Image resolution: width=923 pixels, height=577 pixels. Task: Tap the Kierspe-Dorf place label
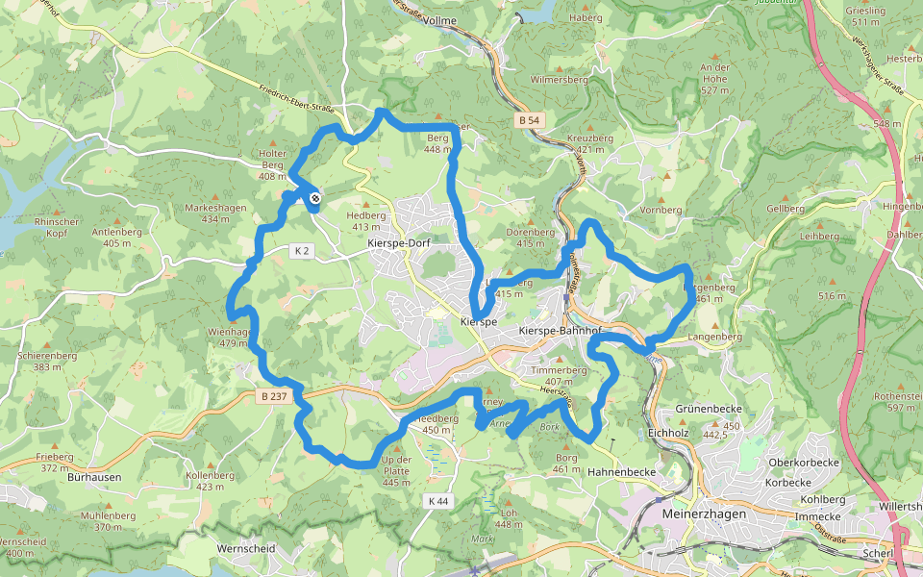click(399, 243)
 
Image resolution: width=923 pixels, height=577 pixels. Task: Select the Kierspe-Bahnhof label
click(560, 331)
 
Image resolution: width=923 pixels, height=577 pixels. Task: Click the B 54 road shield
click(529, 120)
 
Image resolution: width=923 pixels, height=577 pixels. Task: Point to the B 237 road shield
click(274, 395)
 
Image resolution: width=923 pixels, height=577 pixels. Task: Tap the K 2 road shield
click(302, 251)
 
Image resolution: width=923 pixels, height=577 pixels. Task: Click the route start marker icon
click(315, 199)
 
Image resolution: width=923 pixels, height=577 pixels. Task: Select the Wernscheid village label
click(247, 548)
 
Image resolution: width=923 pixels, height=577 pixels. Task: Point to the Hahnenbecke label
click(621, 471)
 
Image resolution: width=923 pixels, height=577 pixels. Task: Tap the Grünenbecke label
click(711, 409)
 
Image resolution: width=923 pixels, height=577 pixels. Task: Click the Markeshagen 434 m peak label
click(215, 213)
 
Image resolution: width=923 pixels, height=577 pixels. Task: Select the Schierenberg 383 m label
click(46, 361)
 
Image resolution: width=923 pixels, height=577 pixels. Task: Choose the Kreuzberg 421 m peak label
click(589, 143)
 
